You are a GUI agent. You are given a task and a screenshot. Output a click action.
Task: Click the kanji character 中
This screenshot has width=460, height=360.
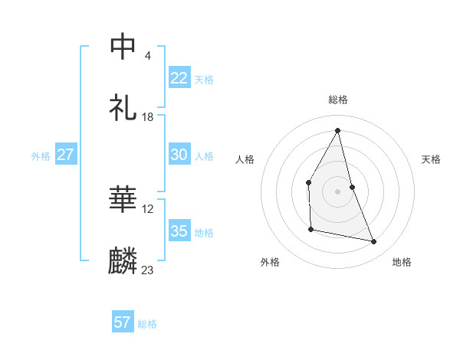pyautogui.click(x=123, y=47)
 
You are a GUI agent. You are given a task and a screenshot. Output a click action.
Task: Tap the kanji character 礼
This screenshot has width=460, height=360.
pyautogui.click(x=123, y=107)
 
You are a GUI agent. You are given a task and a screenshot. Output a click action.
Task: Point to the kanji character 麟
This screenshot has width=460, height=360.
pyautogui.click(x=123, y=260)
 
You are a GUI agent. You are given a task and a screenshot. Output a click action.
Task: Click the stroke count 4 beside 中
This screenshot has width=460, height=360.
pyautogui.click(x=147, y=56)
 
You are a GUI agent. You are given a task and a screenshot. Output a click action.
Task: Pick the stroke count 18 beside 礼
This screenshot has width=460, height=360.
pyautogui.click(x=148, y=116)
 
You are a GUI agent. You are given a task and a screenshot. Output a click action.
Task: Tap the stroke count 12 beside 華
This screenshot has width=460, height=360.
pyautogui.click(x=148, y=209)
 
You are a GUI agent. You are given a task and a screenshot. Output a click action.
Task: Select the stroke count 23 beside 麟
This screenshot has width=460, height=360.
pyautogui.click(x=148, y=270)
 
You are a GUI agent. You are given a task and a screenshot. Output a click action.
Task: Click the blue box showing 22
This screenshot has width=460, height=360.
pyautogui.click(x=179, y=78)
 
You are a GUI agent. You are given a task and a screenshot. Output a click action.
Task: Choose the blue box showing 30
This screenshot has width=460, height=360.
pyautogui.click(x=179, y=155)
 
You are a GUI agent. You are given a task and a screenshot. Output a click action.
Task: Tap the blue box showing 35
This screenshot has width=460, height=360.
pyautogui.click(x=179, y=231)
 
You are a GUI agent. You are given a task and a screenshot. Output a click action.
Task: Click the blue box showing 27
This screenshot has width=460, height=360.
pyautogui.click(x=66, y=155)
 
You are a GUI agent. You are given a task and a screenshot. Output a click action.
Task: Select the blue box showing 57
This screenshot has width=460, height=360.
pyautogui.click(x=123, y=322)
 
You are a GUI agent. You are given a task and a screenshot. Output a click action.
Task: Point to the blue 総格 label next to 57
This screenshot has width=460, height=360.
pyautogui.click(x=147, y=324)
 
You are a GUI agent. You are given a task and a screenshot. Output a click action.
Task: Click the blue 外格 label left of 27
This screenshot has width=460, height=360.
pyautogui.click(x=41, y=156)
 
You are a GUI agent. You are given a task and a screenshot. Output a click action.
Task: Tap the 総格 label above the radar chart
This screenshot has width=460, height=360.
pyautogui.click(x=338, y=100)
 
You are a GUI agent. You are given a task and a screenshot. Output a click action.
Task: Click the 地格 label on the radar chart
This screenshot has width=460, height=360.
pyautogui.click(x=402, y=262)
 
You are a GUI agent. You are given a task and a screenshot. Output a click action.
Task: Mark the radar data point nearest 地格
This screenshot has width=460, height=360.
pyautogui.click(x=374, y=242)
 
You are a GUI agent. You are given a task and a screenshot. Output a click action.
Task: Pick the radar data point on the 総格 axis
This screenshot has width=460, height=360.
pyautogui.click(x=338, y=130)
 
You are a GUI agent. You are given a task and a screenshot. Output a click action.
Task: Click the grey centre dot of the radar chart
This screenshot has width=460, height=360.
pyautogui.click(x=338, y=191)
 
